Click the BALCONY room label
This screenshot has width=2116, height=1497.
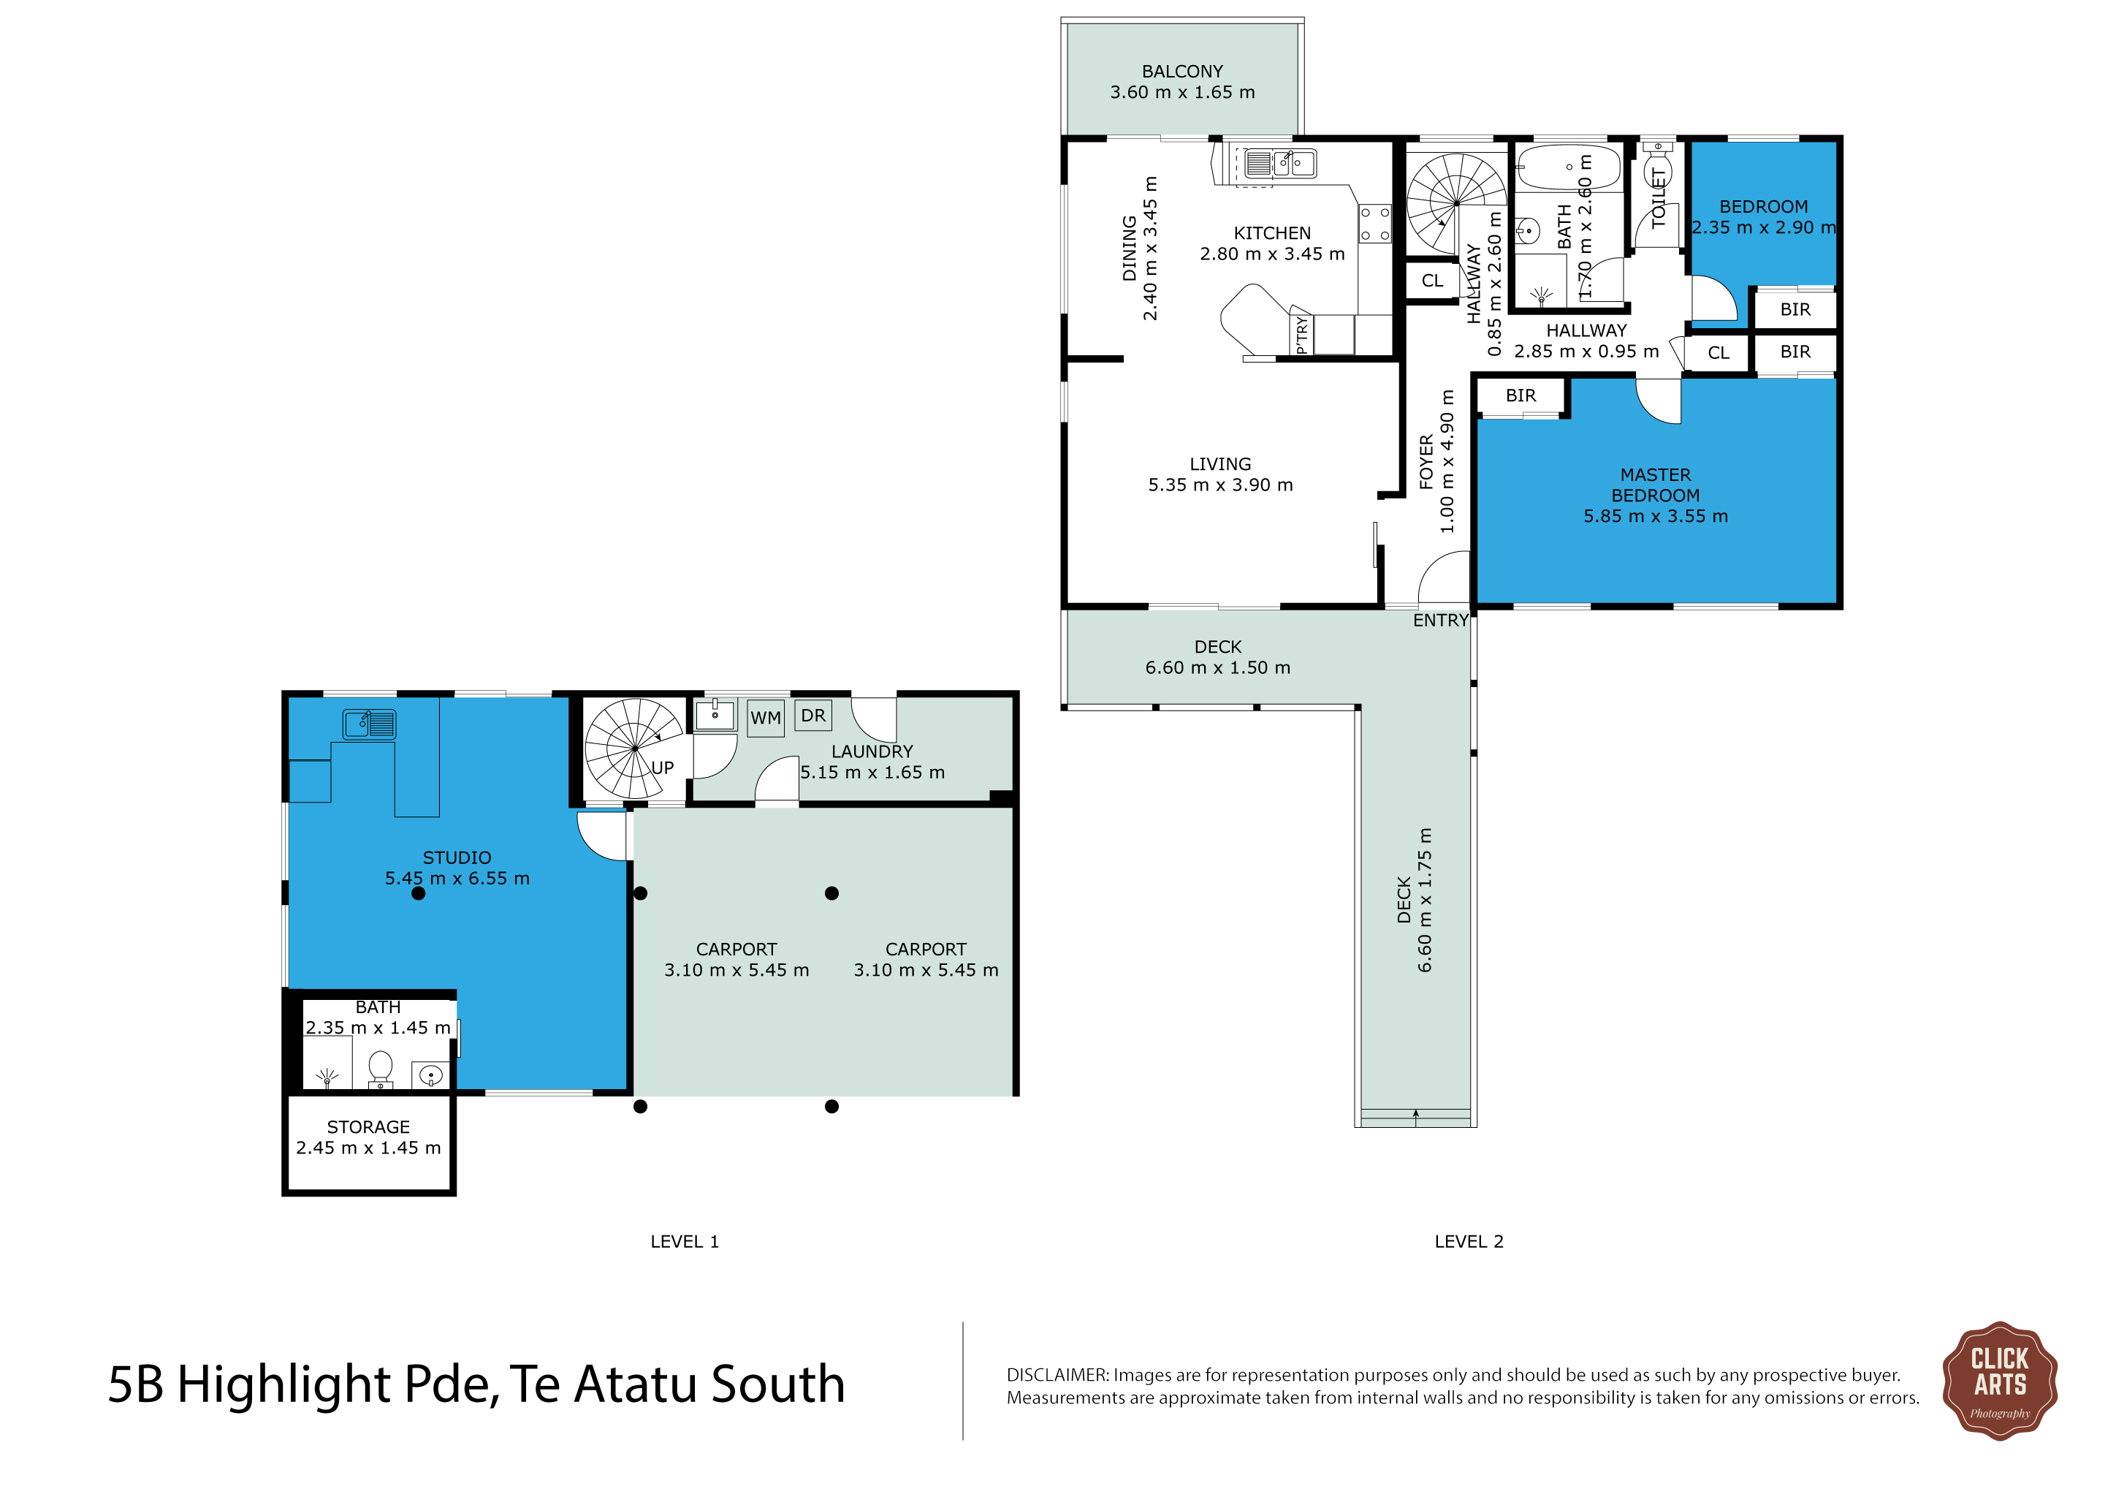coord(1182,72)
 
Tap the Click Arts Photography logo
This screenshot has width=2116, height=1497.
coord(1999,1380)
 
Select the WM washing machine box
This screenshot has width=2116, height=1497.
coord(766,718)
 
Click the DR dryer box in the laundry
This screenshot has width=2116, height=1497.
coord(812,716)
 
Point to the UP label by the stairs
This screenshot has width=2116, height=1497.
coord(663,768)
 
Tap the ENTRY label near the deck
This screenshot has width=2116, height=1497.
coord(1440,621)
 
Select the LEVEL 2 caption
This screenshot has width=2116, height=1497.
coord(1469,1242)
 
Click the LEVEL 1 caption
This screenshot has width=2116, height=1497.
coord(685,1242)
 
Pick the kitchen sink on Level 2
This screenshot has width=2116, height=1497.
coord(1280,163)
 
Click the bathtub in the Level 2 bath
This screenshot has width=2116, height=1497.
coord(1569,167)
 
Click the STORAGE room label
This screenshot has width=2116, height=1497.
coord(369,1127)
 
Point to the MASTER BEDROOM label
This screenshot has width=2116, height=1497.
coord(1656,485)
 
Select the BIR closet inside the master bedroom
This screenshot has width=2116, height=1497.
coord(1521,396)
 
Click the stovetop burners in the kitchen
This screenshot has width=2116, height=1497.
coord(1375,224)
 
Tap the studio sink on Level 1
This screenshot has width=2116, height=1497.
coord(370,724)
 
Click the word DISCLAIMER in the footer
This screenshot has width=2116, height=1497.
coord(1057,1376)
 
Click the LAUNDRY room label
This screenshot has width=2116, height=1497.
coord(872,752)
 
